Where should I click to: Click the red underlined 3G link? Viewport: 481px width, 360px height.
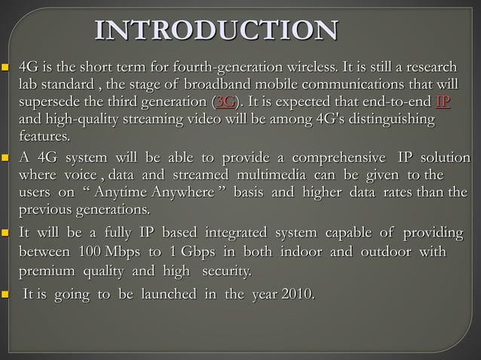coord(225,102)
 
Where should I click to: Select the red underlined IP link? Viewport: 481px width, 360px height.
coord(443,102)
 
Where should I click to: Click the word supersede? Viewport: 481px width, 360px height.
coord(50,102)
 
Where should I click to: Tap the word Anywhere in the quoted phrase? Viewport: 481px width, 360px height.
coord(181,192)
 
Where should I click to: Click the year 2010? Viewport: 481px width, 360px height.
coord(295,294)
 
